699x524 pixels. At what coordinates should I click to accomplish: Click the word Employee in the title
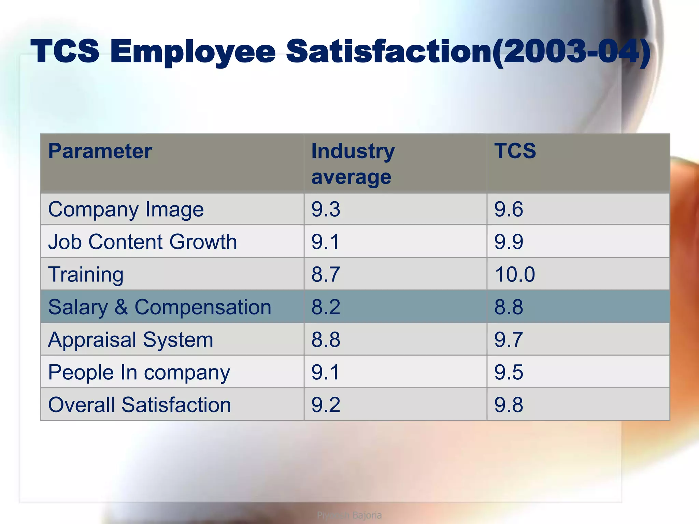(x=193, y=52)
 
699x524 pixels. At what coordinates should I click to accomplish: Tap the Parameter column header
(x=100, y=151)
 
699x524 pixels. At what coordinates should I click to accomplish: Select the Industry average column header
(x=353, y=164)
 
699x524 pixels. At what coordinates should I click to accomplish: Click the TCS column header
(x=515, y=151)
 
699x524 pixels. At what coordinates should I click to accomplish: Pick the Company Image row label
(x=126, y=209)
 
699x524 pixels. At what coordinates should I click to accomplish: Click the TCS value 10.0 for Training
(x=515, y=275)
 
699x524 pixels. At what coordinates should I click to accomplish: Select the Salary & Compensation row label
(x=160, y=307)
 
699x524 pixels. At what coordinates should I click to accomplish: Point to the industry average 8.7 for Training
(x=326, y=275)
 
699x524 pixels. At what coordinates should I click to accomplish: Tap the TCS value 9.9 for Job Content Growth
(x=509, y=242)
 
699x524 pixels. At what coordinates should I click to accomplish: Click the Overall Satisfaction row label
(x=140, y=405)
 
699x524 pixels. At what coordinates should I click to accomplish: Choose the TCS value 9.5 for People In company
(x=509, y=372)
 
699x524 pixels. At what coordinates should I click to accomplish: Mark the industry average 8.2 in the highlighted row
(x=326, y=307)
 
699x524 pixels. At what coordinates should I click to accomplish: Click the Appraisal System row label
(x=131, y=340)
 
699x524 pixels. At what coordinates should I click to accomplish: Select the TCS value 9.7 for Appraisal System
(x=509, y=340)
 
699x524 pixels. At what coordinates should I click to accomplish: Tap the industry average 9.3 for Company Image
(x=326, y=209)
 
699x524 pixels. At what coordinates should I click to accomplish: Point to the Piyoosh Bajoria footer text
(x=349, y=515)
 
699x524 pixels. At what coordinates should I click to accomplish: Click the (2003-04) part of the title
(x=572, y=52)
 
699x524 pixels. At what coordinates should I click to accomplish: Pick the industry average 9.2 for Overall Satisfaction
(x=326, y=405)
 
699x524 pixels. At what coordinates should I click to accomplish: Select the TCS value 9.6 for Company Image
(x=509, y=209)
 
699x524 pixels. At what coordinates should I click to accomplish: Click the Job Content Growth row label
(x=142, y=242)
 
